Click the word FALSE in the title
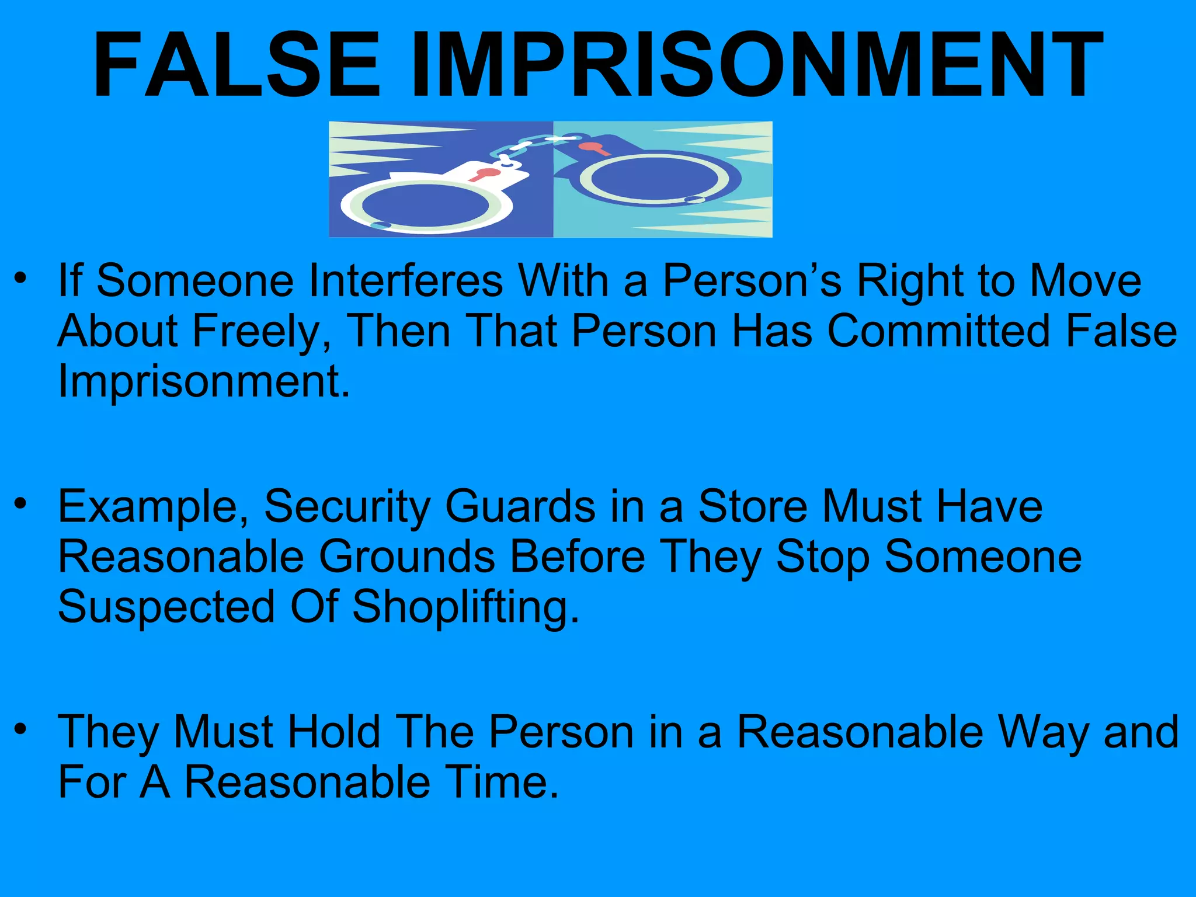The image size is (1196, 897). [x=237, y=65]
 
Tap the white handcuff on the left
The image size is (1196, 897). [x=426, y=204]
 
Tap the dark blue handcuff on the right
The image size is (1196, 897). [x=654, y=178]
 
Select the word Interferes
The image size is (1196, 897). [x=405, y=281]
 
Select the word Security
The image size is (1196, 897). [x=347, y=506]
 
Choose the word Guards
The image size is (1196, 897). [x=520, y=506]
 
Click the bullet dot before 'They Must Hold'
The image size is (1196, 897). [x=21, y=728]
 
